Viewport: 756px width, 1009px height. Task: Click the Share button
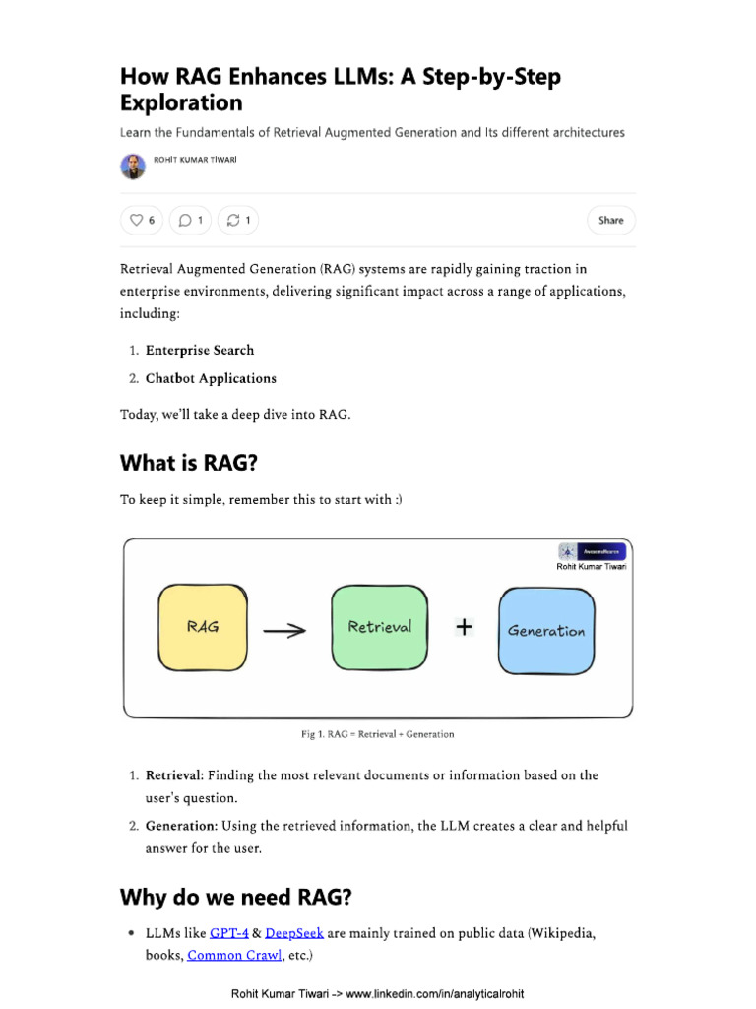(x=610, y=220)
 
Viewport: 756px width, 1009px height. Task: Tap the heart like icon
(x=136, y=220)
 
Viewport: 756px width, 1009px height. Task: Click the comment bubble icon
(x=185, y=220)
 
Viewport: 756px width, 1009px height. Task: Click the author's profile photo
(x=133, y=167)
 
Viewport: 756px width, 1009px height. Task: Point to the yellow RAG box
(x=203, y=627)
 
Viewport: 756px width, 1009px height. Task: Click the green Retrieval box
(x=380, y=627)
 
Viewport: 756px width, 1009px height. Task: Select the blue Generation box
(x=546, y=631)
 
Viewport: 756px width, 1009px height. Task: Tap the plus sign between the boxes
(x=464, y=627)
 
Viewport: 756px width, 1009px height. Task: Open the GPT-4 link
(x=229, y=932)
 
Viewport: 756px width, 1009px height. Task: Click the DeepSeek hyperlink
(x=294, y=932)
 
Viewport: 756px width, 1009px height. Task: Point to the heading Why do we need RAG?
(x=235, y=897)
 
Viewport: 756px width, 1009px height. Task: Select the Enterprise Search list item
(x=200, y=350)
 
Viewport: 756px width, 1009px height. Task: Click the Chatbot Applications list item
(x=211, y=378)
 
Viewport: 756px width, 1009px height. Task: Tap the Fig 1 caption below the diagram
(x=377, y=734)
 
